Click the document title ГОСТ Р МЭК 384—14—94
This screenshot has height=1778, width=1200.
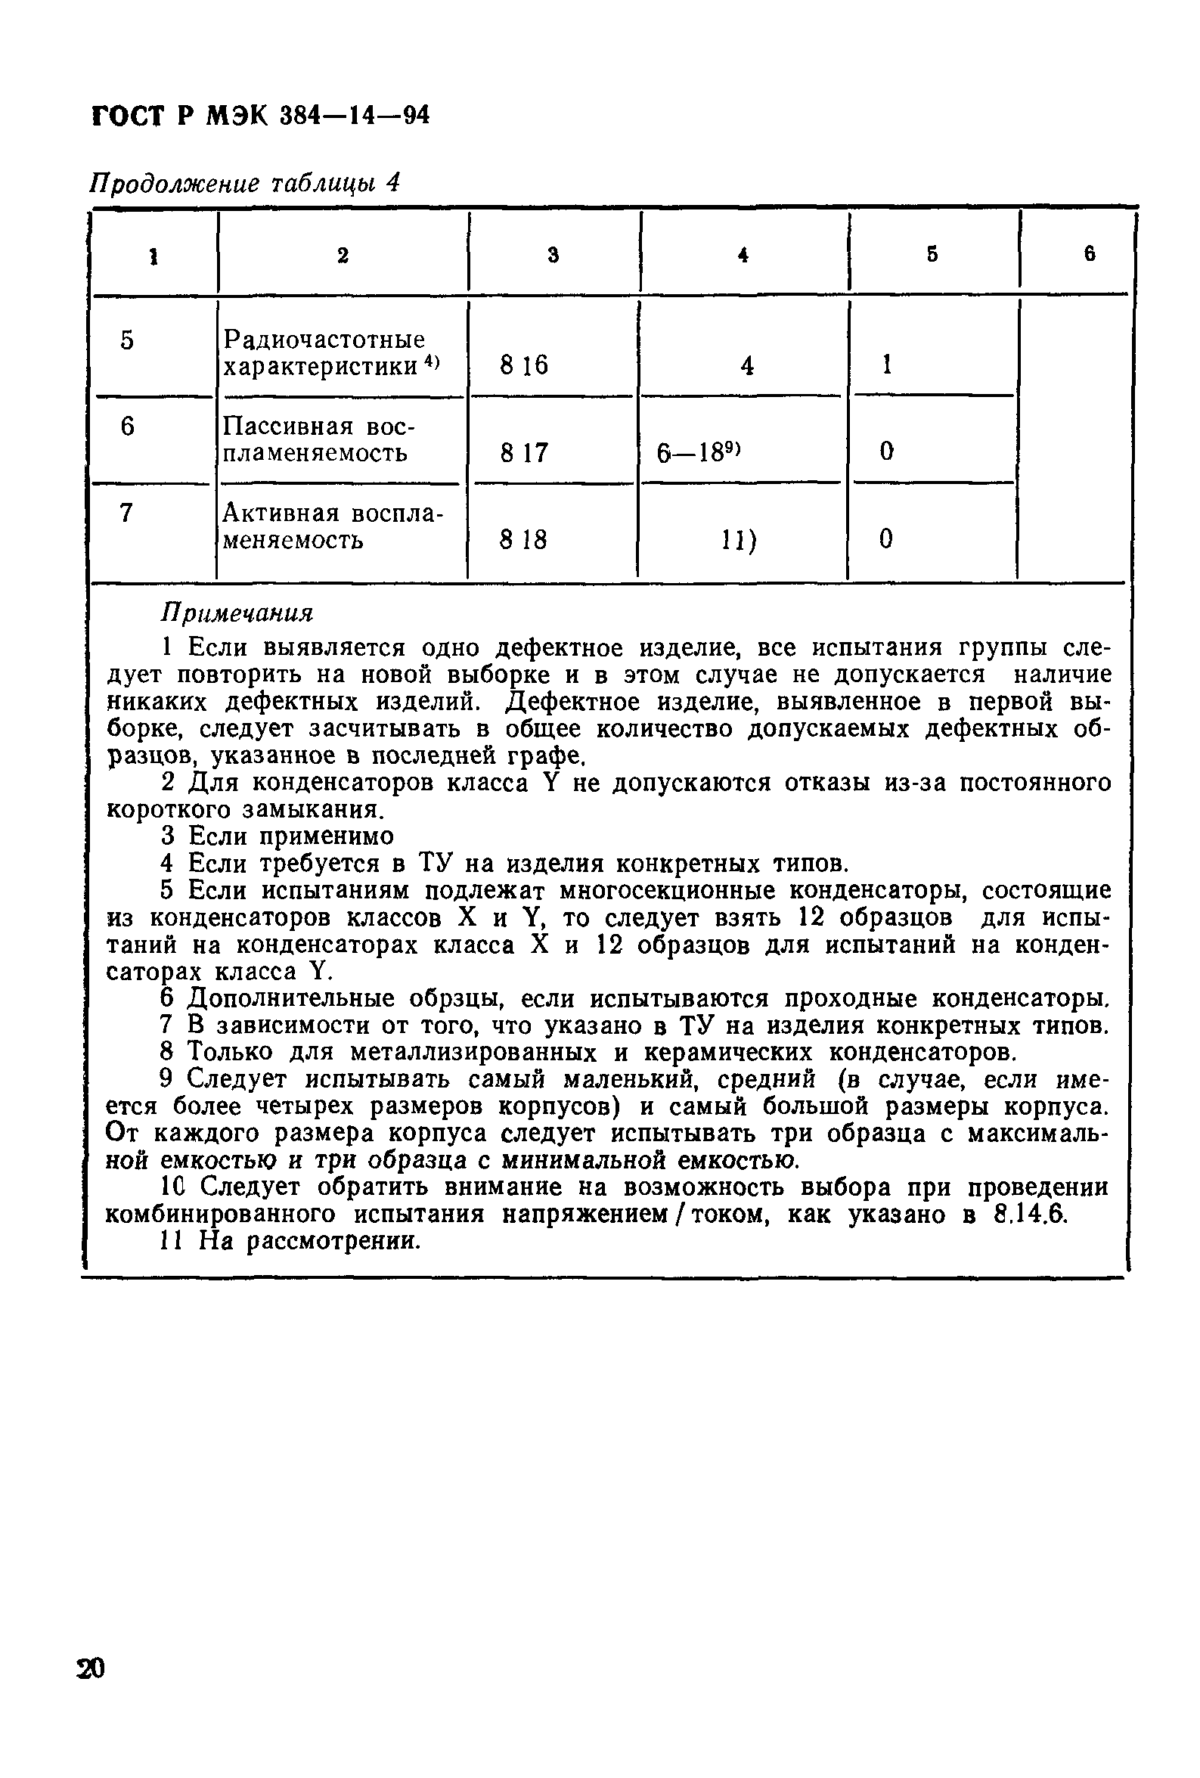click(x=260, y=116)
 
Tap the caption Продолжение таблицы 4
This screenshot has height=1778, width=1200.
click(x=245, y=184)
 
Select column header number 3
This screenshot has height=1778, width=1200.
click(x=553, y=255)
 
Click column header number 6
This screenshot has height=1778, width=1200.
click(x=1090, y=253)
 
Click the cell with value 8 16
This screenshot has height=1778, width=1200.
click(x=524, y=366)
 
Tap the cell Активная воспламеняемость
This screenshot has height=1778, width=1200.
click(x=333, y=526)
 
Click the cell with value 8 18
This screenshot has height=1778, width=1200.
click(x=524, y=541)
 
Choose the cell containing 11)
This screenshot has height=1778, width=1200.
click(x=739, y=541)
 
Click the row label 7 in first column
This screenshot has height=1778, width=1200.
click(x=127, y=513)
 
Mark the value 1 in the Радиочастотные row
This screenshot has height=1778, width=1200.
click(x=887, y=366)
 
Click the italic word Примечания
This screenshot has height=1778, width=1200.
click(x=237, y=613)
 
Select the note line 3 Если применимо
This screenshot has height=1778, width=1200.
click(x=278, y=836)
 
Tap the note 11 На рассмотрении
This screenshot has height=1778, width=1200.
click(x=290, y=1240)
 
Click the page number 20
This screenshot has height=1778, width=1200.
click(x=90, y=1668)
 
